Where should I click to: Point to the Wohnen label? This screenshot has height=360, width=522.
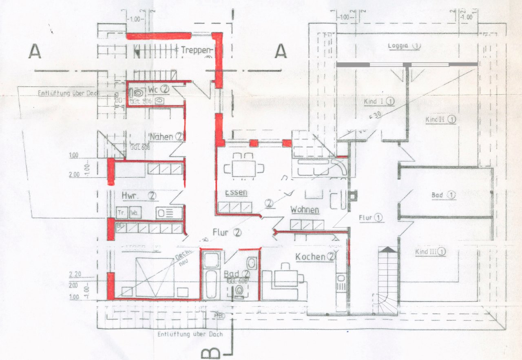pyautogui.click(x=304, y=210)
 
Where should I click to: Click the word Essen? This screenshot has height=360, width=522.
pyautogui.click(x=236, y=192)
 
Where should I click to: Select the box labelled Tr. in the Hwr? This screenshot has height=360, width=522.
pyautogui.click(x=122, y=213)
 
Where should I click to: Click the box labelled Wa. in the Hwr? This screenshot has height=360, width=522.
pyautogui.click(x=134, y=213)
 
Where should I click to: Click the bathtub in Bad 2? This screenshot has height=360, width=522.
pyautogui.click(x=211, y=276)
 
